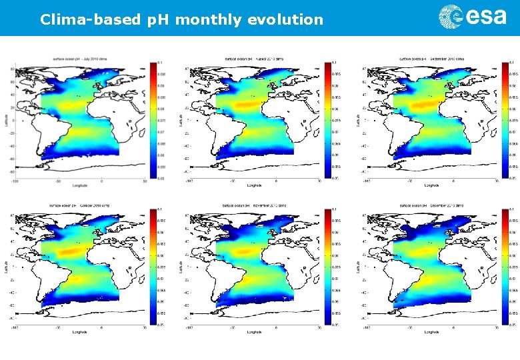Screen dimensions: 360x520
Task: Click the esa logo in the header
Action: point(472,17)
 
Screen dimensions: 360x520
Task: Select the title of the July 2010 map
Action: point(80,59)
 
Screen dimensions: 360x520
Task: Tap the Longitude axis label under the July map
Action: point(80,185)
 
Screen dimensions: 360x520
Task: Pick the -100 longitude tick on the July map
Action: point(15,180)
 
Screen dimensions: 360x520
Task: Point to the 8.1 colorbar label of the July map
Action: point(161,63)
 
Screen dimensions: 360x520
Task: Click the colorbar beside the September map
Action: point(505,121)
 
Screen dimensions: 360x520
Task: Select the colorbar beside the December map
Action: point(505,267)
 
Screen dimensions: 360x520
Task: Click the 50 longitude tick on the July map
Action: point(145,180)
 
